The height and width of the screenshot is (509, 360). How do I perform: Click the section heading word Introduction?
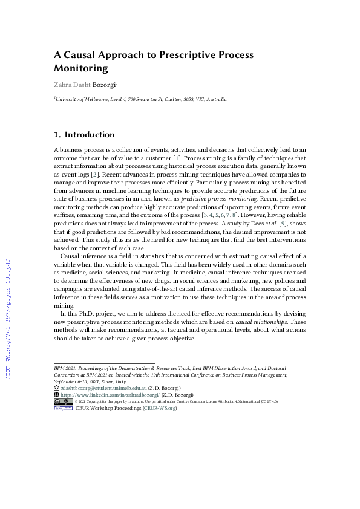tap(90, 134)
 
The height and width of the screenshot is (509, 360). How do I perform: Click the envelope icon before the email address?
tap(56, 388)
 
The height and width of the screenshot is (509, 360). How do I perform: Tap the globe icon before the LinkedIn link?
tap(56, 395)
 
